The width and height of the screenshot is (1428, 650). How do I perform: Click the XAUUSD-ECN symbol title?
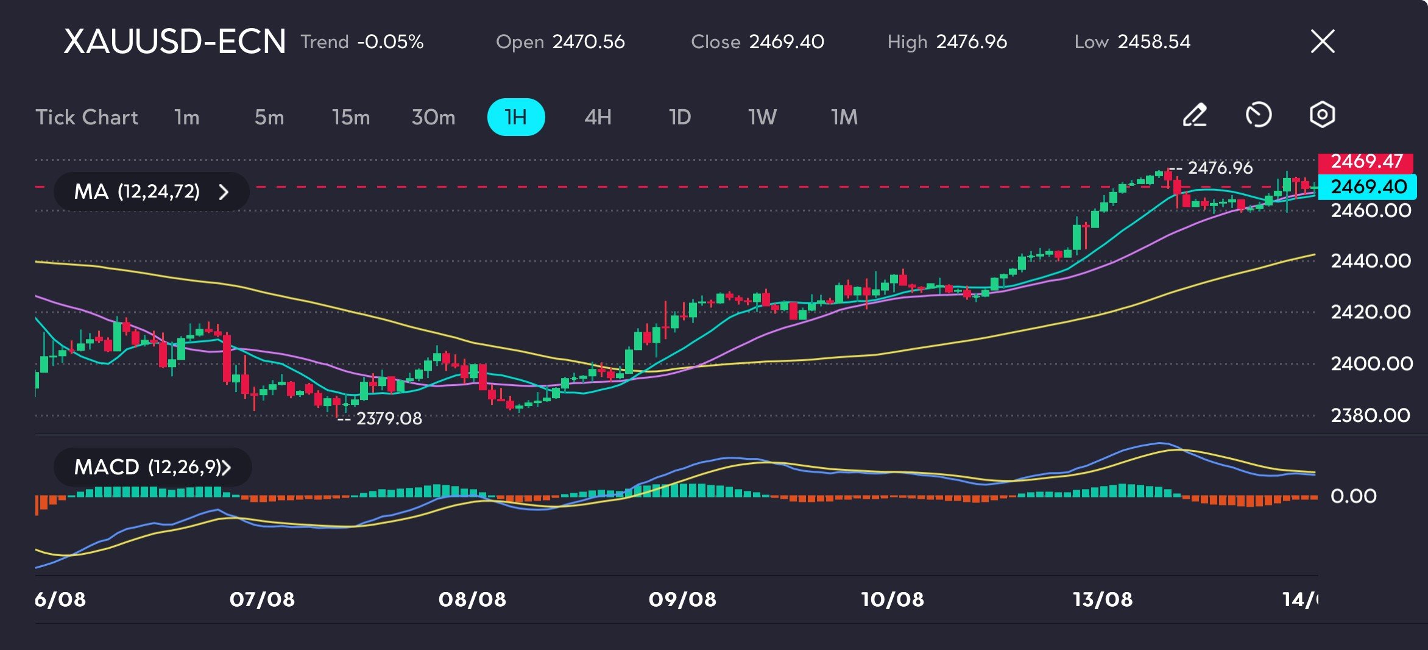175,41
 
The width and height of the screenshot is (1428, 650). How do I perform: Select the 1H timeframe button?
516,117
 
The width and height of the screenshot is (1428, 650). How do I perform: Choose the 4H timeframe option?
598,117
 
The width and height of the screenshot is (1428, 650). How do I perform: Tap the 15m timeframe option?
351,117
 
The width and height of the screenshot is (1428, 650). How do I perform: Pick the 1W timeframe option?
762,117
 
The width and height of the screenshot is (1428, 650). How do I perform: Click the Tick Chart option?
87,117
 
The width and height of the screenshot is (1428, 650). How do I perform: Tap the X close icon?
1323,41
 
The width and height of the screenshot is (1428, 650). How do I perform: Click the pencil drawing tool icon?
1195,115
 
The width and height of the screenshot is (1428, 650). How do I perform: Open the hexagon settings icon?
1322,115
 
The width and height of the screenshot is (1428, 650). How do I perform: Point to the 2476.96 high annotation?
1220,168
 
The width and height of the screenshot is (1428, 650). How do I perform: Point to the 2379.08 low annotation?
389,418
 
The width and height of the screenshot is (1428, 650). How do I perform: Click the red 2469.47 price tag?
1366,162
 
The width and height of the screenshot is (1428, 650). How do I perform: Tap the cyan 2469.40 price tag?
1368,187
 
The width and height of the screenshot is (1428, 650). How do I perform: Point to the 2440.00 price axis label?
1371,261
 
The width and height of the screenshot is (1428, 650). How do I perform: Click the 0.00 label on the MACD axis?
1353,496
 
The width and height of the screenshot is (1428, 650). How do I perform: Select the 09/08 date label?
682,599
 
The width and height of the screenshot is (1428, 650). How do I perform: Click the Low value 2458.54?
1154,41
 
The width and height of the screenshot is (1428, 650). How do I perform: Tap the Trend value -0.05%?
391,41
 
